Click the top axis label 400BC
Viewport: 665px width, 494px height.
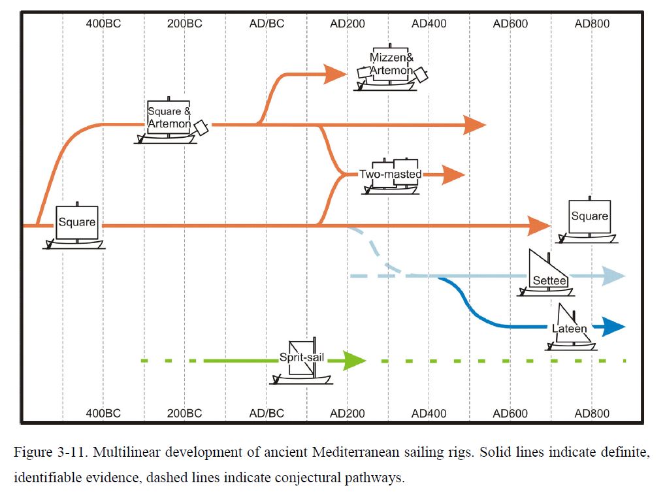point(103,24)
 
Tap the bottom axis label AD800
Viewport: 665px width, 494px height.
point(592,413)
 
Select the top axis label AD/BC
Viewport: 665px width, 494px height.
point(267,24)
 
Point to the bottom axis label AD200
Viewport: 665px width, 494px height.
point(348,413)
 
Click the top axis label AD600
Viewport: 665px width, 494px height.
point(510,24)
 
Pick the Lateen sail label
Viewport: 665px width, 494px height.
point(569,329)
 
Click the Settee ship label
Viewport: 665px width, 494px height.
point(549,280)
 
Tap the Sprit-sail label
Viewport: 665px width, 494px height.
point(302,357)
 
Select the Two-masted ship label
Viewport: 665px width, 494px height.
point(390,174)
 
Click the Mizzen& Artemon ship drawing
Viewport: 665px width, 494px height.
point(391,68)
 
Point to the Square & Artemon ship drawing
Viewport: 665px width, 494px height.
point(171,120)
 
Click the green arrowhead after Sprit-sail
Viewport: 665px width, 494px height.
point(354,361)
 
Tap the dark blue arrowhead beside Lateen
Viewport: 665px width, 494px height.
point(613,327)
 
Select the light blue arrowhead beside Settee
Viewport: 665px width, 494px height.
point(613,276)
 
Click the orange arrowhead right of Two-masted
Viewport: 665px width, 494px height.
point(453,174)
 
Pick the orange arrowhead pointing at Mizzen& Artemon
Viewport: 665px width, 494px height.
point(335,74)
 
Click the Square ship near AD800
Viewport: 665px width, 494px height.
point(587,220)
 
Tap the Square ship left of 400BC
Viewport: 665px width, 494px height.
point(74,225)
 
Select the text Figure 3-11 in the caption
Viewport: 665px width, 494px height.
point(50,452)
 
